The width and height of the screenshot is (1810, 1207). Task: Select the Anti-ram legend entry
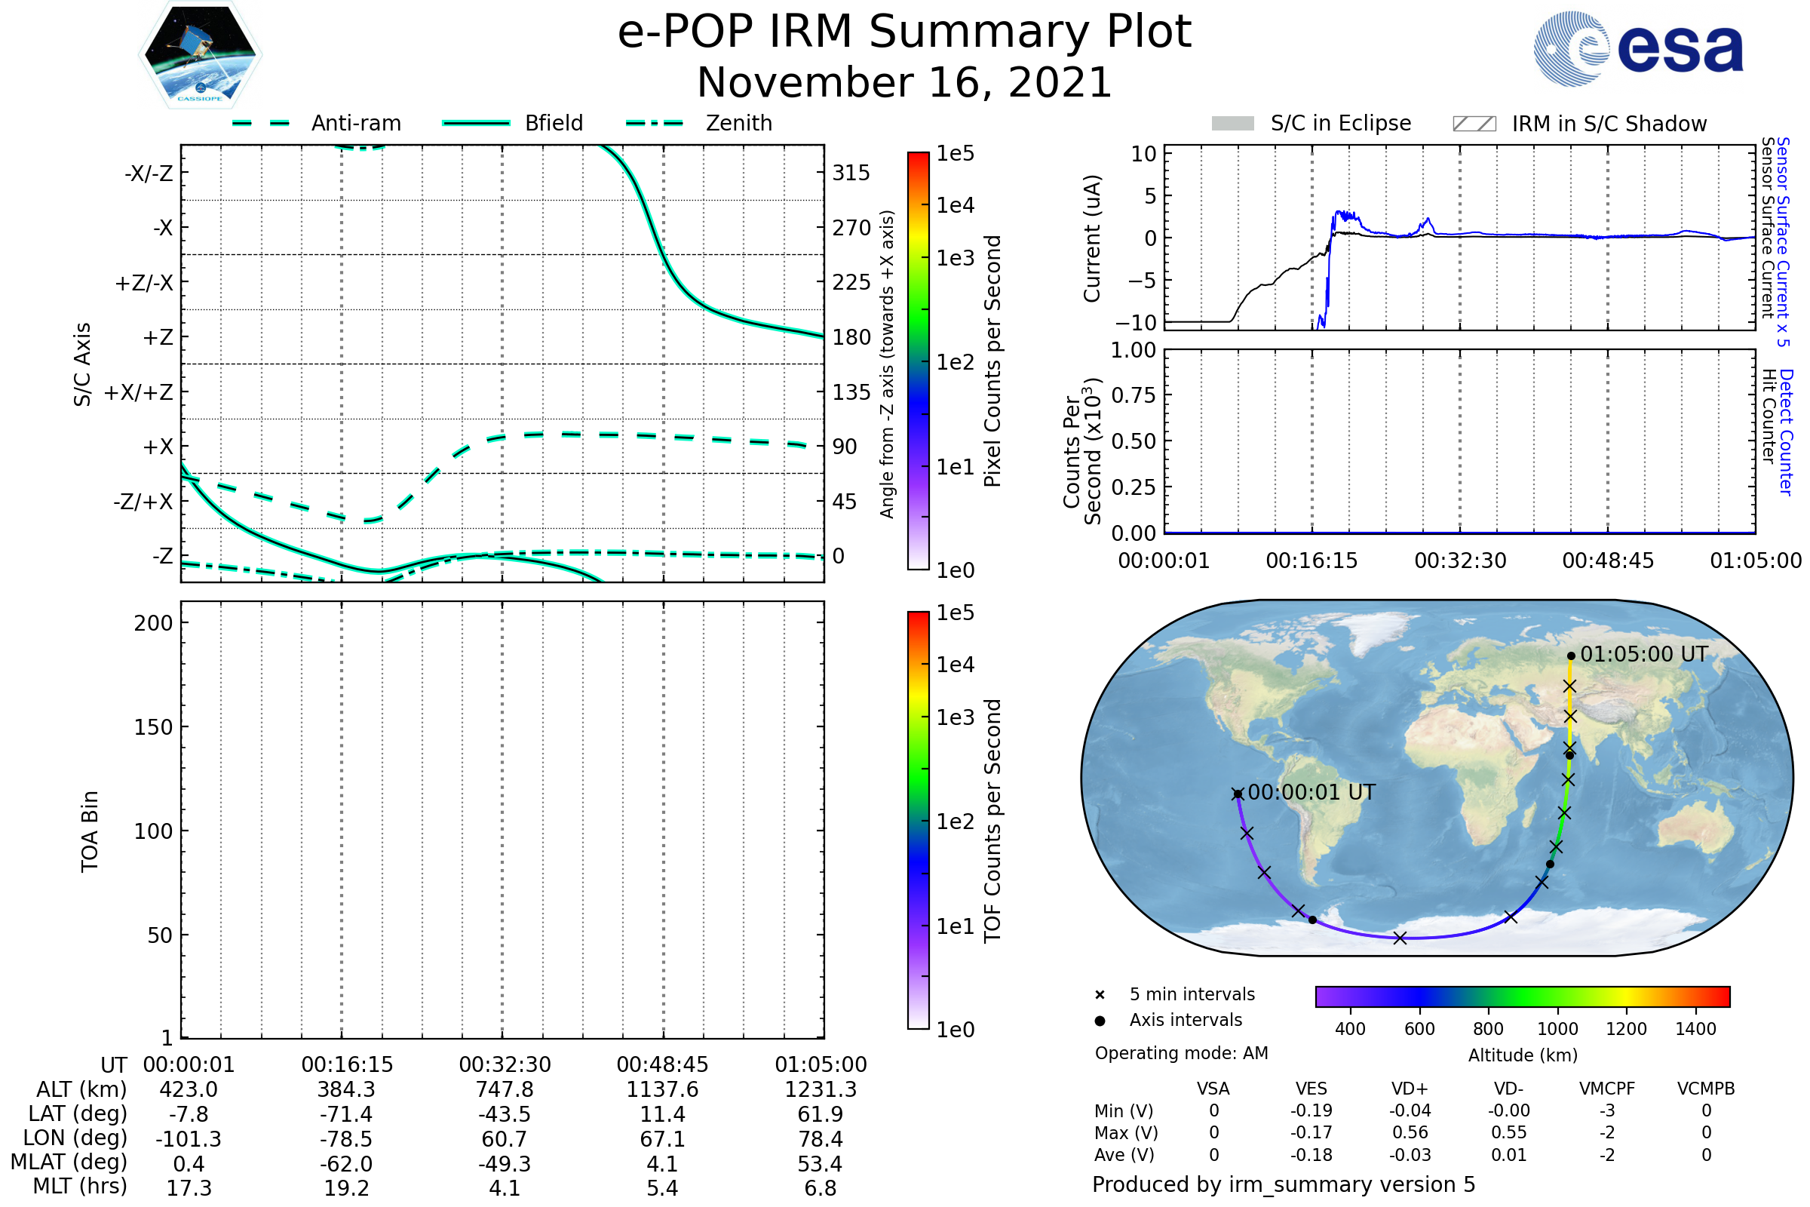click(x=355, y=123)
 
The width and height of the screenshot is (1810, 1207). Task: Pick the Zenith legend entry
click(x=739, y=123)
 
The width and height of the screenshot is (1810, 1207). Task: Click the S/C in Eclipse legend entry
click(x=1340, y=123)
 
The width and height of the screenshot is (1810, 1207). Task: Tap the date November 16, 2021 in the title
click(x=904, y=83)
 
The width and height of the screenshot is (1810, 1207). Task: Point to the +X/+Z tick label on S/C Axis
click(x=139, y=392)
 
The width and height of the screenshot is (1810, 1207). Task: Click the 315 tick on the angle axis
click(x=851, y=173)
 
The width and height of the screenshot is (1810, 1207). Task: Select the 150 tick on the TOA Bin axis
click(x=153, y=727)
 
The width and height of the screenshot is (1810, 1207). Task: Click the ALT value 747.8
click(x=504, y=1089)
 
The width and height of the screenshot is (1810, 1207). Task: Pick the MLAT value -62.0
click(x=345, y=1164)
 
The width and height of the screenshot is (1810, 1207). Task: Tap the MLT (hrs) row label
click(x=79, y=1186)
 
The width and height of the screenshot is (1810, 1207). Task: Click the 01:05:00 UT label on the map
click(x=1644, y=654)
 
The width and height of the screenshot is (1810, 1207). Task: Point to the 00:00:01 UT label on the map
click(x=1311, y=792)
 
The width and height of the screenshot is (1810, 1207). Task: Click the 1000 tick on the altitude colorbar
click(x=1557, y=1029)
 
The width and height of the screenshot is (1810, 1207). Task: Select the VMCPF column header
click(x=1607, y=1089)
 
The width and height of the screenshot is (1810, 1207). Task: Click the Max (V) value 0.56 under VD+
click(x=1410, y=1132)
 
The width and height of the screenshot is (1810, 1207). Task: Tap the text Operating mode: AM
click(x=1181, y=1053)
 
